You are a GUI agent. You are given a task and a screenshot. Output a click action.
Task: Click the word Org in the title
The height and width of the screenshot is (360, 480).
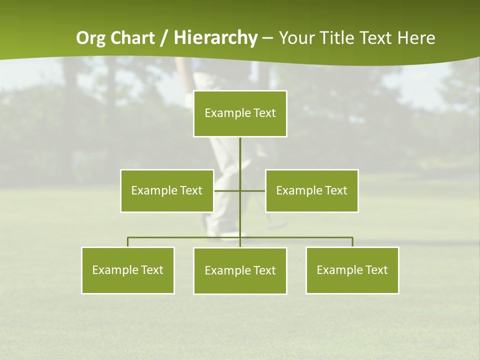click(x=92, y=38)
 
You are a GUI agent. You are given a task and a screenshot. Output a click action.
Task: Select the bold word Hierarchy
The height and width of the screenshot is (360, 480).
click(x=215, y=38)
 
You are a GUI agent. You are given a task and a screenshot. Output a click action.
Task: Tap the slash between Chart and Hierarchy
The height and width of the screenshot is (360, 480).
click(x=164, y=38)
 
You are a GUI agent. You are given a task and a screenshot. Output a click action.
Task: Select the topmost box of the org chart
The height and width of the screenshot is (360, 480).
click(x=240, y=113)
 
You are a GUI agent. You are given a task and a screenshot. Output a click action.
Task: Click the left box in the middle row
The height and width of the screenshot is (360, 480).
click(x=167, y=190)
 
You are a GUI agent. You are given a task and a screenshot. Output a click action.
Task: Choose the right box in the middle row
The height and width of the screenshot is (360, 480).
click(x=312, y=190)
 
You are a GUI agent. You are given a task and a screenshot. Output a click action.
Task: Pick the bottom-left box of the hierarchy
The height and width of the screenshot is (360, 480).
click(x=128, y=270)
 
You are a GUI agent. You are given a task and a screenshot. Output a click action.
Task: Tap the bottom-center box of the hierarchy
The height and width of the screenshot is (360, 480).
click(x=240, y=270)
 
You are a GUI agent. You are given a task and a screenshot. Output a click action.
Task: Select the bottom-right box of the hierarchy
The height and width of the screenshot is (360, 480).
click(x=352, y=270)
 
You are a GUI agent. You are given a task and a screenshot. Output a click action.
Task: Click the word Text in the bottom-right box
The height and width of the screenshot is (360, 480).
click(x=376, y=270)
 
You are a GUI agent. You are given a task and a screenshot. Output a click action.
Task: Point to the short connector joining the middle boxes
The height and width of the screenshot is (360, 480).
click(x=228, y=190)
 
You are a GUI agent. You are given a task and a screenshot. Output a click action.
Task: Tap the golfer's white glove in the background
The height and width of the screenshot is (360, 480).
click(x=189, y=99)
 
